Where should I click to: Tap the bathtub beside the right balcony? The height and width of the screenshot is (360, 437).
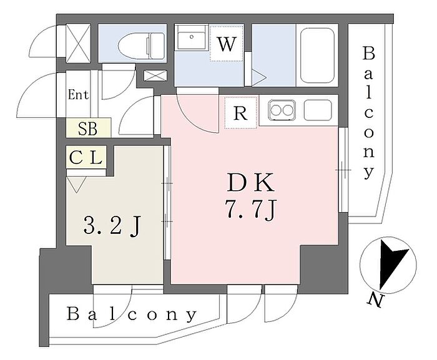318,56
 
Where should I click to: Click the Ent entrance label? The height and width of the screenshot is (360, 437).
79,95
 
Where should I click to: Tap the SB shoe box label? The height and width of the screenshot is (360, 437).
88,129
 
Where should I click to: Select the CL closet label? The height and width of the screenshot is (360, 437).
86,158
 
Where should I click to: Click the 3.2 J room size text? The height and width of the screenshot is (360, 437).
110,224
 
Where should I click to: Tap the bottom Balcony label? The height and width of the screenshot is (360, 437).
132,314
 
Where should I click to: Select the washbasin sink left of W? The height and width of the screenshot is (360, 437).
190,41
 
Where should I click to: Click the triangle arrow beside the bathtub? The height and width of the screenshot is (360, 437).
259,77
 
